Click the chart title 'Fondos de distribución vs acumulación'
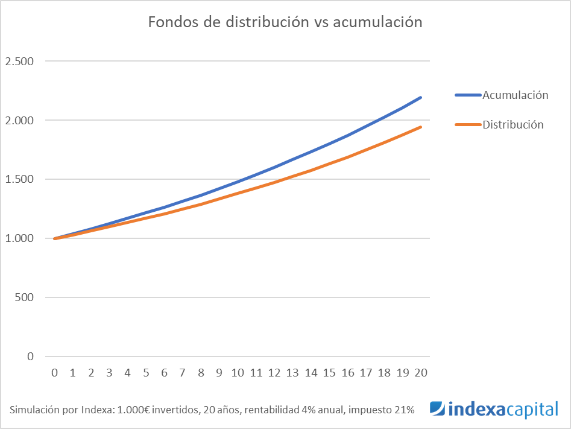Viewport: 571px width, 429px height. (x=285, y=22)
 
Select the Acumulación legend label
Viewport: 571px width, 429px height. (x=515, y=95)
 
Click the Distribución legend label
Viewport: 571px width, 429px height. (x=513, y=125)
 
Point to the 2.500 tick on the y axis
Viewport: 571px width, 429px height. (x=19, y=62)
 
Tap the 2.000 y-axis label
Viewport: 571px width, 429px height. (x=19, y=121)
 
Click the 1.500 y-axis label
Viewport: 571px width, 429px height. (x=19, y=180)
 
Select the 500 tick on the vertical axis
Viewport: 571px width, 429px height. (x=24, y=297)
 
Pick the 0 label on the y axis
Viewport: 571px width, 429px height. (x=30, y=357)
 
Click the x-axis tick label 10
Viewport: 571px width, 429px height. (x=238, y=373)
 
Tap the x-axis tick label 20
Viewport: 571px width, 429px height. (x=421, y=373)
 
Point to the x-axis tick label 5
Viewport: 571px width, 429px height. (x=146, y=373)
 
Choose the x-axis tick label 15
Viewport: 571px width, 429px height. (x=329, y=373)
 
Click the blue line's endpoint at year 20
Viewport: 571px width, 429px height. (x=421, y=97)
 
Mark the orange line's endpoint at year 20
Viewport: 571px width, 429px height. (x=421, y=127)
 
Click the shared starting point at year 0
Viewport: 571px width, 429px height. (x=55, y=238)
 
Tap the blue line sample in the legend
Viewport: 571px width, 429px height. (x=467, y=95)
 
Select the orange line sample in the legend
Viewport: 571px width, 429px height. (x=467, y=125)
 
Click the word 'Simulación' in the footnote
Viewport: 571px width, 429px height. (x=34, y=410)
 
